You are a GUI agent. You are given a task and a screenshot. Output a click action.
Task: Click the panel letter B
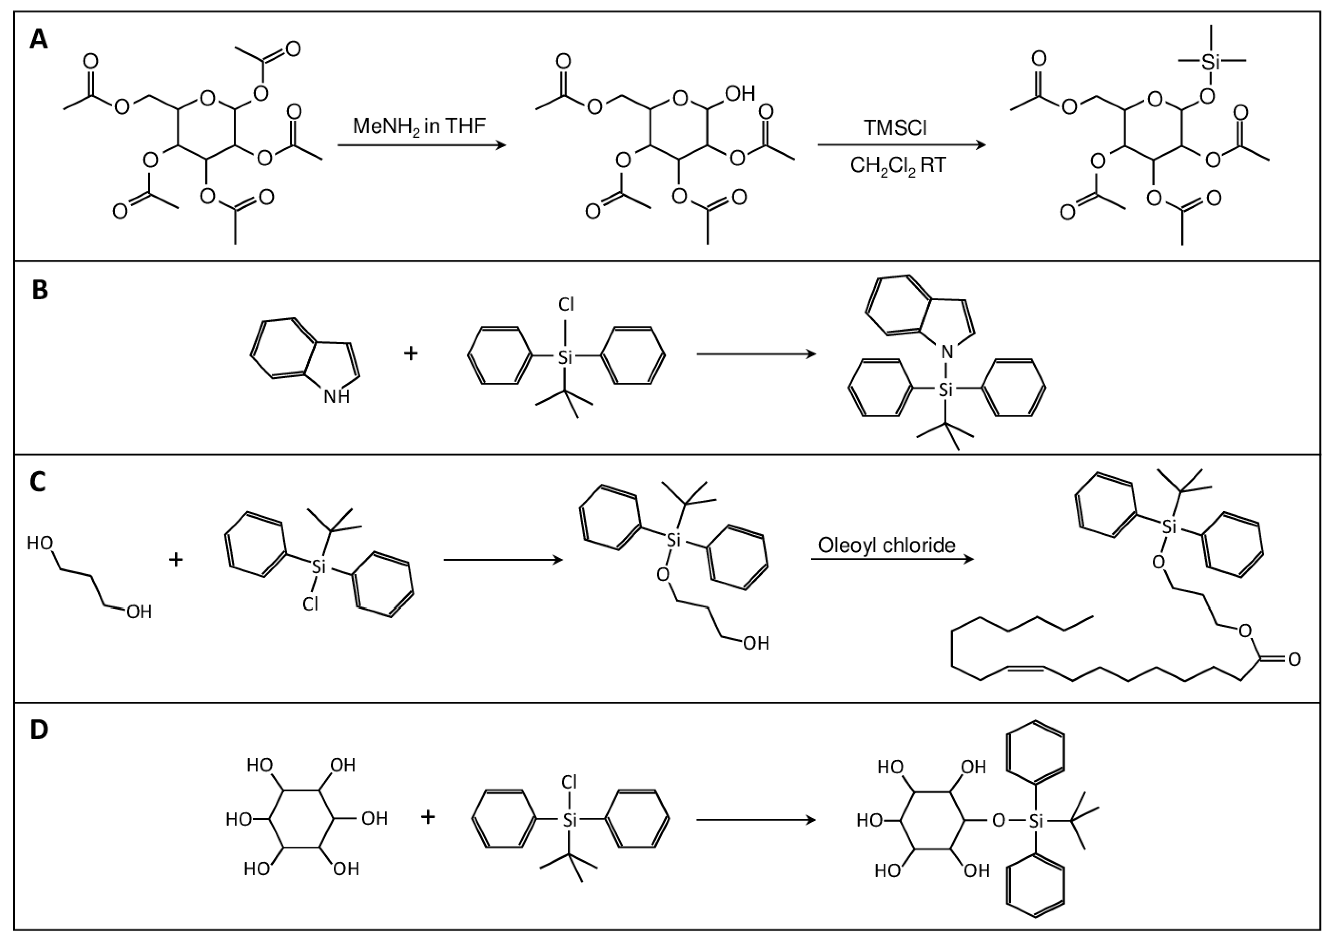pyautogui.click(x=39, y=289)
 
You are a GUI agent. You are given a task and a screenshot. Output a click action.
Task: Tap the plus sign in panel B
pyautogui.click(x=411, y=353)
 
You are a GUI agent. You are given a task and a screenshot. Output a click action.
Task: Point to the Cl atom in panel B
pyautogui.click(x=566, y=304)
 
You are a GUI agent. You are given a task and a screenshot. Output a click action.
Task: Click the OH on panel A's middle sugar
pyautogui.click(x=740, y=93)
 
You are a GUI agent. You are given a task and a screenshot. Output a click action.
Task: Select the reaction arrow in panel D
pyautogui.click(x=756, y=820)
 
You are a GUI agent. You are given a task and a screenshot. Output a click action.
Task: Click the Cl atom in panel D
pyautogui.click(x=569, y=783)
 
